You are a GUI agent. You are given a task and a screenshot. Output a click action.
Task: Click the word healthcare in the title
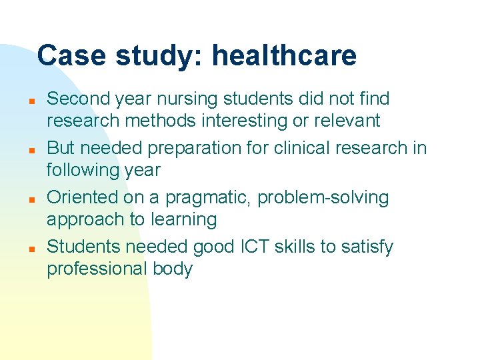tap(284, 56)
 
